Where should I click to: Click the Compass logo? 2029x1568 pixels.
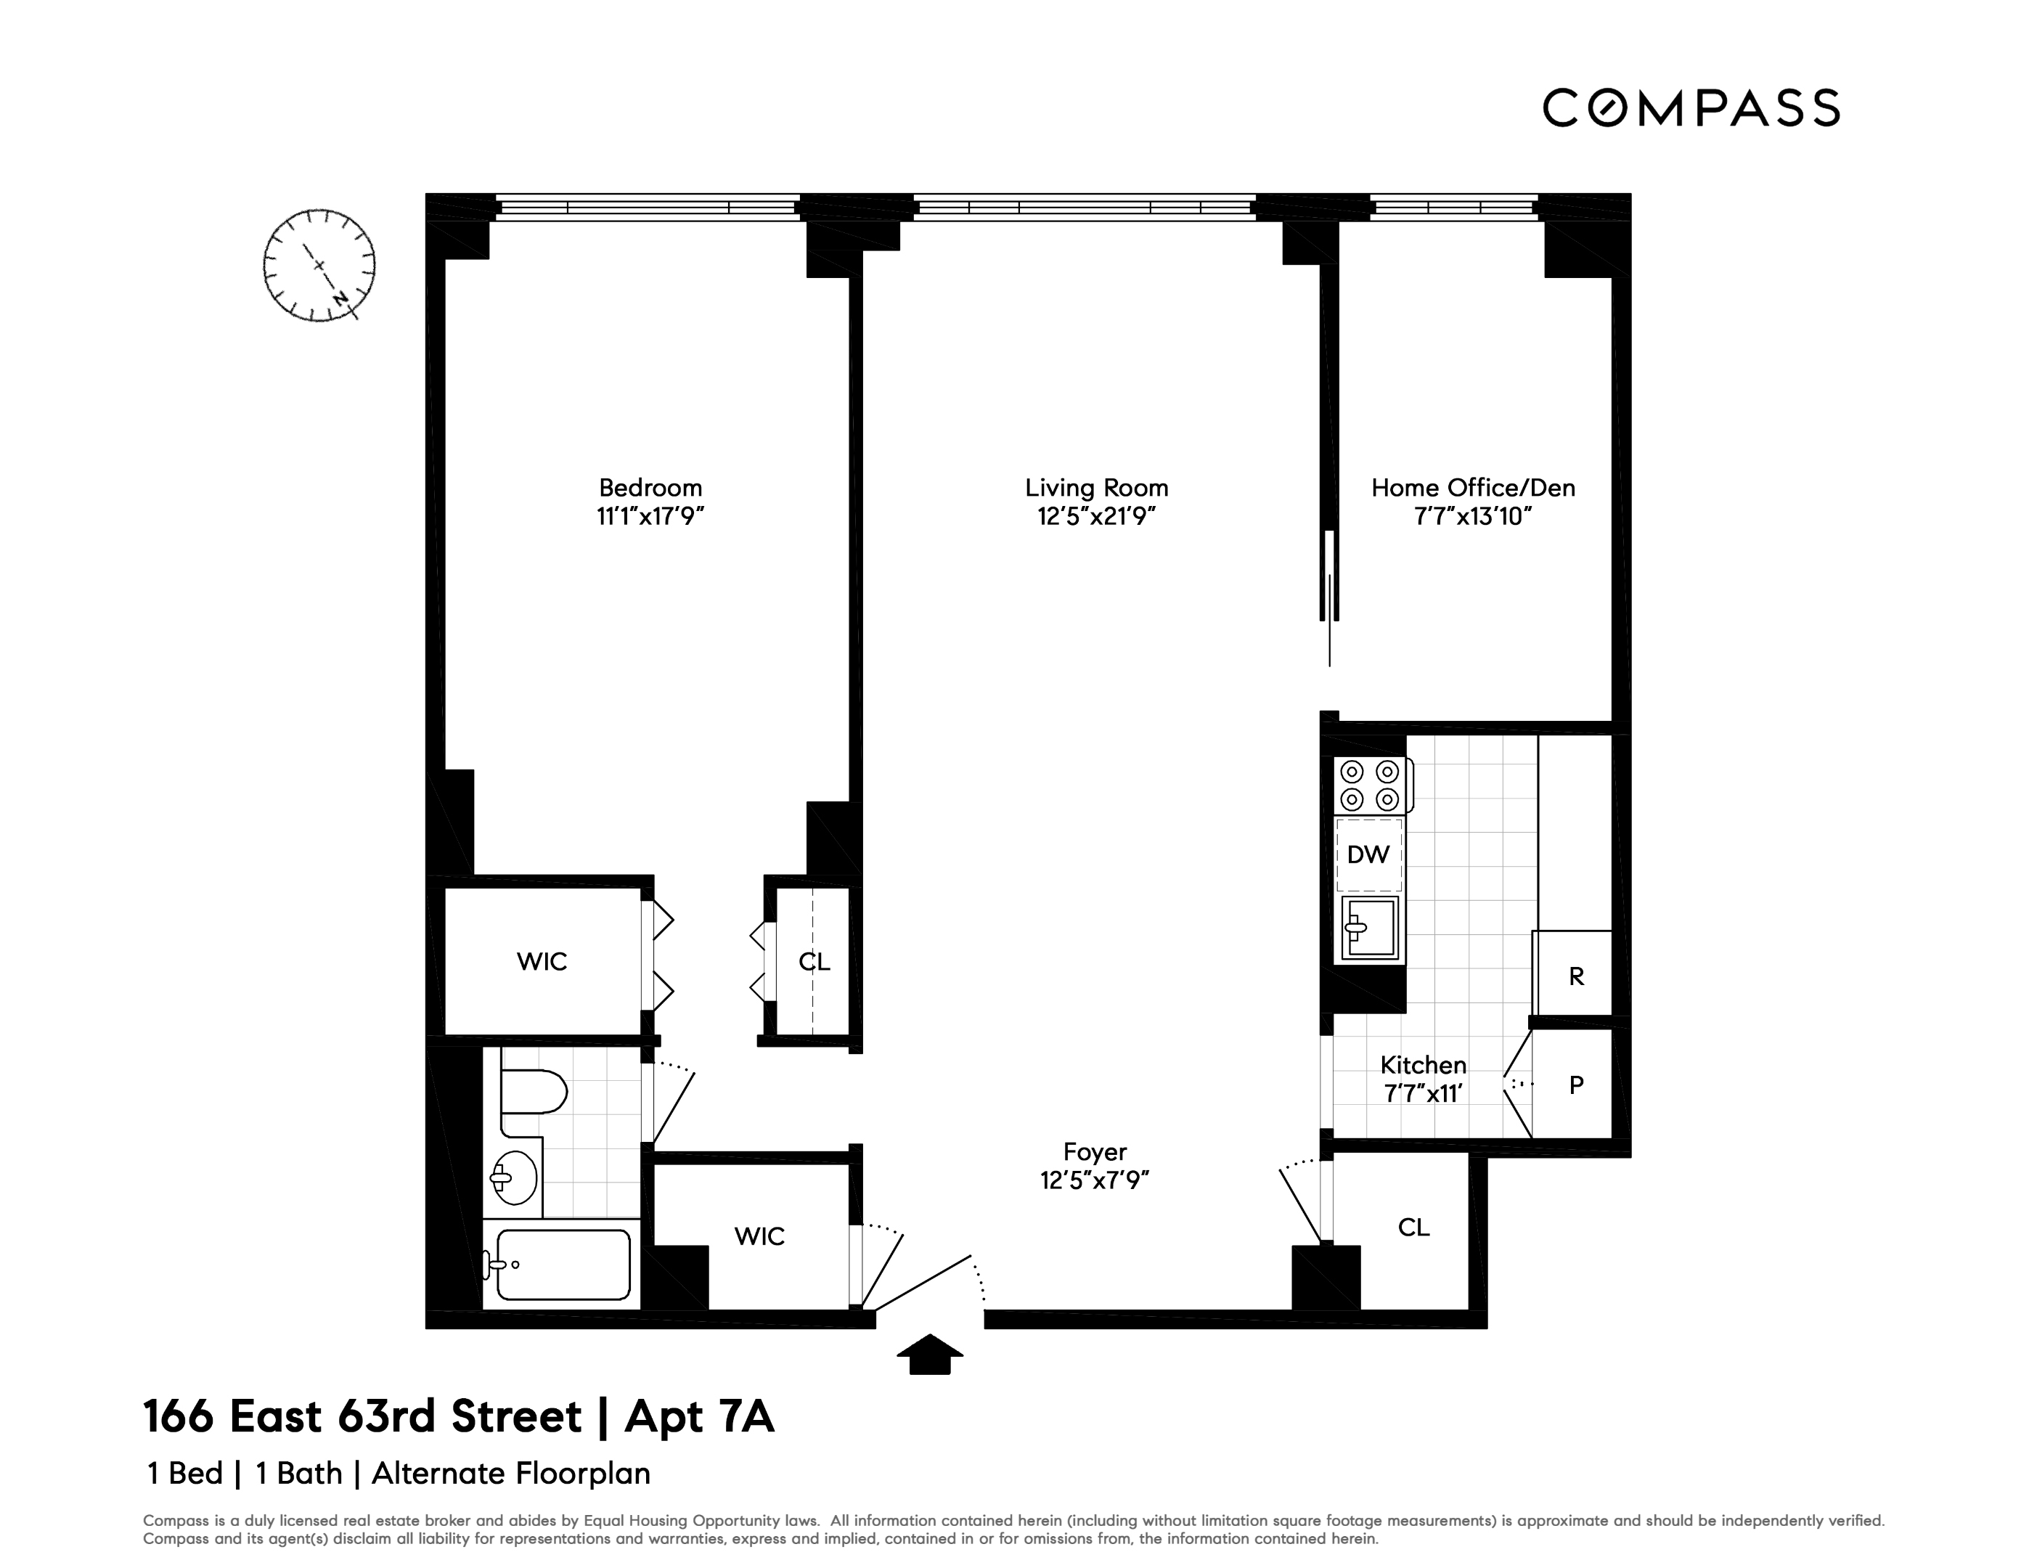coord(1691,107)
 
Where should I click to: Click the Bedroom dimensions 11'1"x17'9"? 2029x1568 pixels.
coord(650,516)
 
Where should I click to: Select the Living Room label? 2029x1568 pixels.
coord(1096,488)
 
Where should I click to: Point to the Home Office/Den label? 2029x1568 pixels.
coord(1472,488)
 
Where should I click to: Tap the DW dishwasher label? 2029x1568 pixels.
coord(1368,854)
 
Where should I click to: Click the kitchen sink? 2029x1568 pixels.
coord(1369,927)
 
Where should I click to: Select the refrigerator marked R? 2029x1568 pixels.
coord(1575,976)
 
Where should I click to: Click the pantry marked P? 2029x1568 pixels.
coord(1575,1084)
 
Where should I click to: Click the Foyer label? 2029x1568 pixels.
coord(1095,1152)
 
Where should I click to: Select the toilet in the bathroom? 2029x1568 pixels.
coord(532,1092)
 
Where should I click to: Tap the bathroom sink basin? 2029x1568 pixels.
coord(514,1178)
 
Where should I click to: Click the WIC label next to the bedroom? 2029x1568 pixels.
coord(542,961)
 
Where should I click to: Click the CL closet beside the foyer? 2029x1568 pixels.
coord(1412,1227)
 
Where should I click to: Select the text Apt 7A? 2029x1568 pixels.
coord(698,1416)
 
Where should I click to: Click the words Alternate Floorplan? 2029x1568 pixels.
coord(511,1473)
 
